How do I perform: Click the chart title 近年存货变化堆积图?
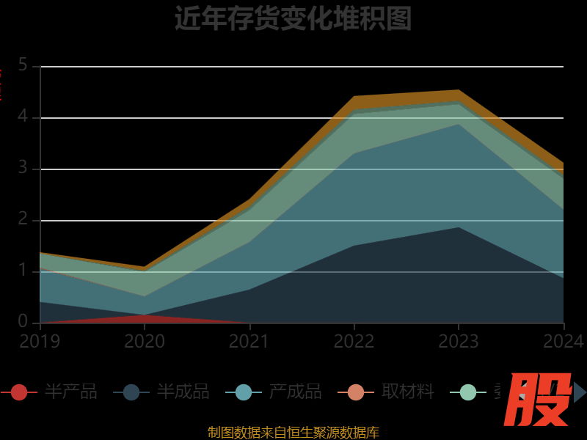(293, 19)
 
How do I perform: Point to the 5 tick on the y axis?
(23, 65)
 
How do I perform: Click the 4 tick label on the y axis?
(23, 117)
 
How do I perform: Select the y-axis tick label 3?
(23, 168)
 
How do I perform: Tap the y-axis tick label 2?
(23, 219)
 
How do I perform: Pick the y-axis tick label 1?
(23, 271)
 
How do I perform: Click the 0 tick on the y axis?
(23, 322)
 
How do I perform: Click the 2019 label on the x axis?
(40, 342)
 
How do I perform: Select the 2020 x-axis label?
(145, 342)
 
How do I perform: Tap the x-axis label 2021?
(249, 342)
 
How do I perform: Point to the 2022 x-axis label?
(354, 342)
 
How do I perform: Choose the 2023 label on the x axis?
(459, 342)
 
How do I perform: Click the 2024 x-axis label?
(564, 342)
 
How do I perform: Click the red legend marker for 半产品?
(19, 392)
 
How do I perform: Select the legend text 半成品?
(183, 392)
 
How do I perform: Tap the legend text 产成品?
(295, 392)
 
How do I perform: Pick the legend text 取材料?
(408, 392)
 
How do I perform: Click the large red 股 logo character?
(540, 400)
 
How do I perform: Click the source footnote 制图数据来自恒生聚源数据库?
(293, 433)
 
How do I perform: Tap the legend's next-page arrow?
(580, 392)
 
